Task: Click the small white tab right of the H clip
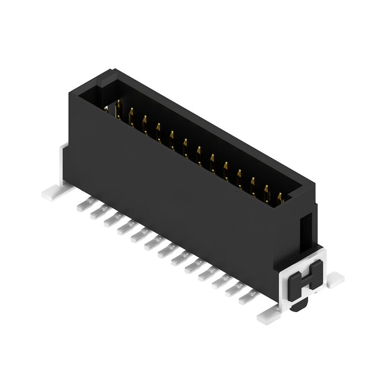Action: click(x=336, y=279)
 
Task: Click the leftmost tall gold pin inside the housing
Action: click(x=117, y=109)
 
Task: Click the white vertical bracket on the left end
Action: click(x=63, y=164)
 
